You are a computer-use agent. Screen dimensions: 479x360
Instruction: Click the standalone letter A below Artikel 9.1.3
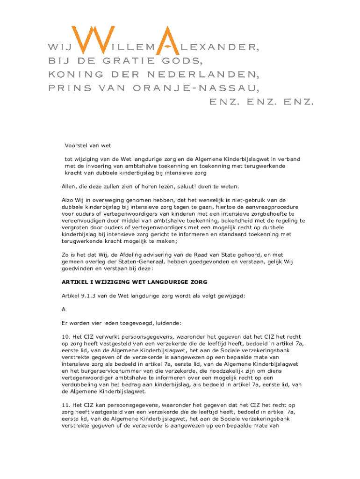tap(64, 310)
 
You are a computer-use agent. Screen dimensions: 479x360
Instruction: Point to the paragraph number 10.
tap(65, 337)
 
